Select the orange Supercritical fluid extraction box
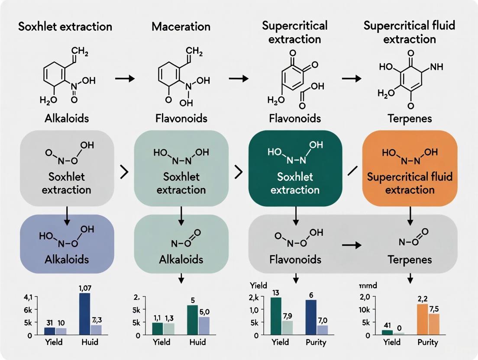click(x=410, y=168)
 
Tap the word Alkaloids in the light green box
click(x=181, y=260)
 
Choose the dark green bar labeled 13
click(x=276, y=316)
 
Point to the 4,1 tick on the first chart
click(x=27, y=298)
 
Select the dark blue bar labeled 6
click(x=310, y=317)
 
